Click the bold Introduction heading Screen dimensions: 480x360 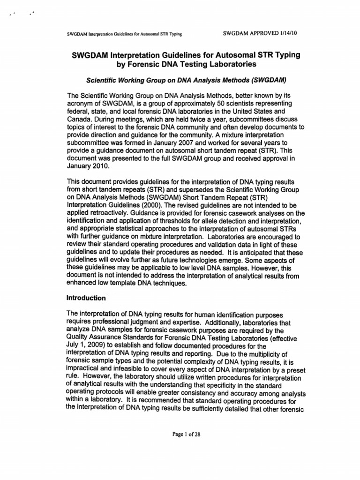[x=87, y=298]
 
